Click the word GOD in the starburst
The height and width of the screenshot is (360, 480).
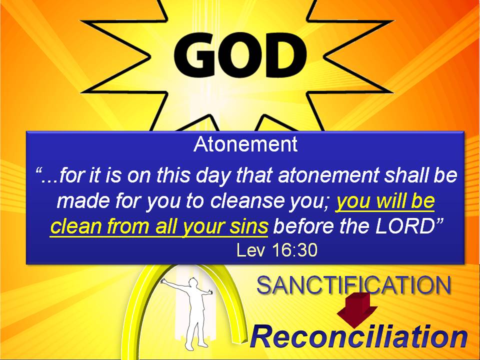(240, 55)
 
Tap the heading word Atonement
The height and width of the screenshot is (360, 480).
(245, 144)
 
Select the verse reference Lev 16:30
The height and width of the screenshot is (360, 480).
(277, 250)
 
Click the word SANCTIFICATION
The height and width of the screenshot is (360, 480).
(354, 285)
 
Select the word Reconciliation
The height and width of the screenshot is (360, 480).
(359, 337)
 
